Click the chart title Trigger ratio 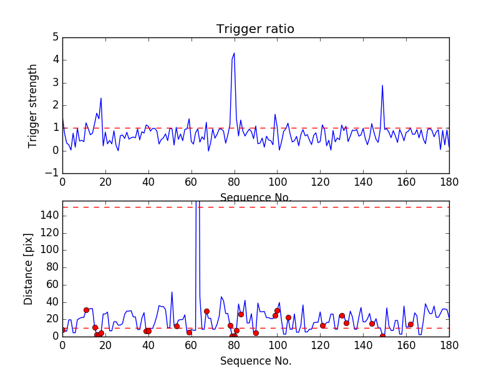click(x=255, y=29)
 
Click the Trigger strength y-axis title click(x=33, y=105)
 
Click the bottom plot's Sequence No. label click(x=255, y=361)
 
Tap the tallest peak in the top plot click(x=234, y=53)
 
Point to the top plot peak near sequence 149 click(x=382, y=85)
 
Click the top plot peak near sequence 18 click(x=101, y=98)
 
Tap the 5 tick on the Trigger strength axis click(x=55, y=37)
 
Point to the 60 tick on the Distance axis click(x=52, y=285)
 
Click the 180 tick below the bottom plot click(x=449, y=345)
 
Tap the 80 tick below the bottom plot click(x=234, y=345)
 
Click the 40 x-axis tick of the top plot click(x=148, y=183)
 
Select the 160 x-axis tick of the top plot click(x=406, y=183)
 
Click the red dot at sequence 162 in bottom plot click(x=410, y=324)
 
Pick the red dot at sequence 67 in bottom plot click(x=206, y=311)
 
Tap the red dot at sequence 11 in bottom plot click(x=86, y=310)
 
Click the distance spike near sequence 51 click(x=172, y=292)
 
